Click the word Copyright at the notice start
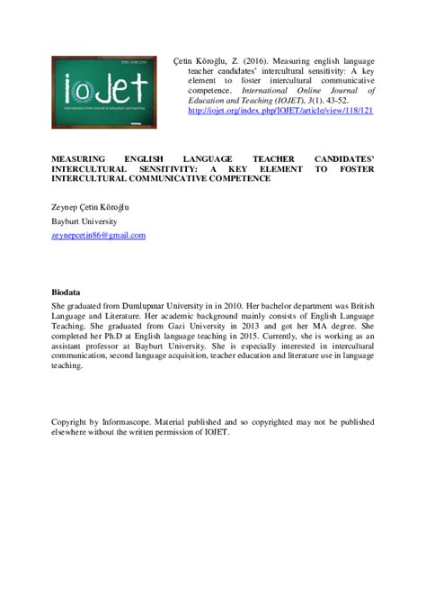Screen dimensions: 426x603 click(72, 420)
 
